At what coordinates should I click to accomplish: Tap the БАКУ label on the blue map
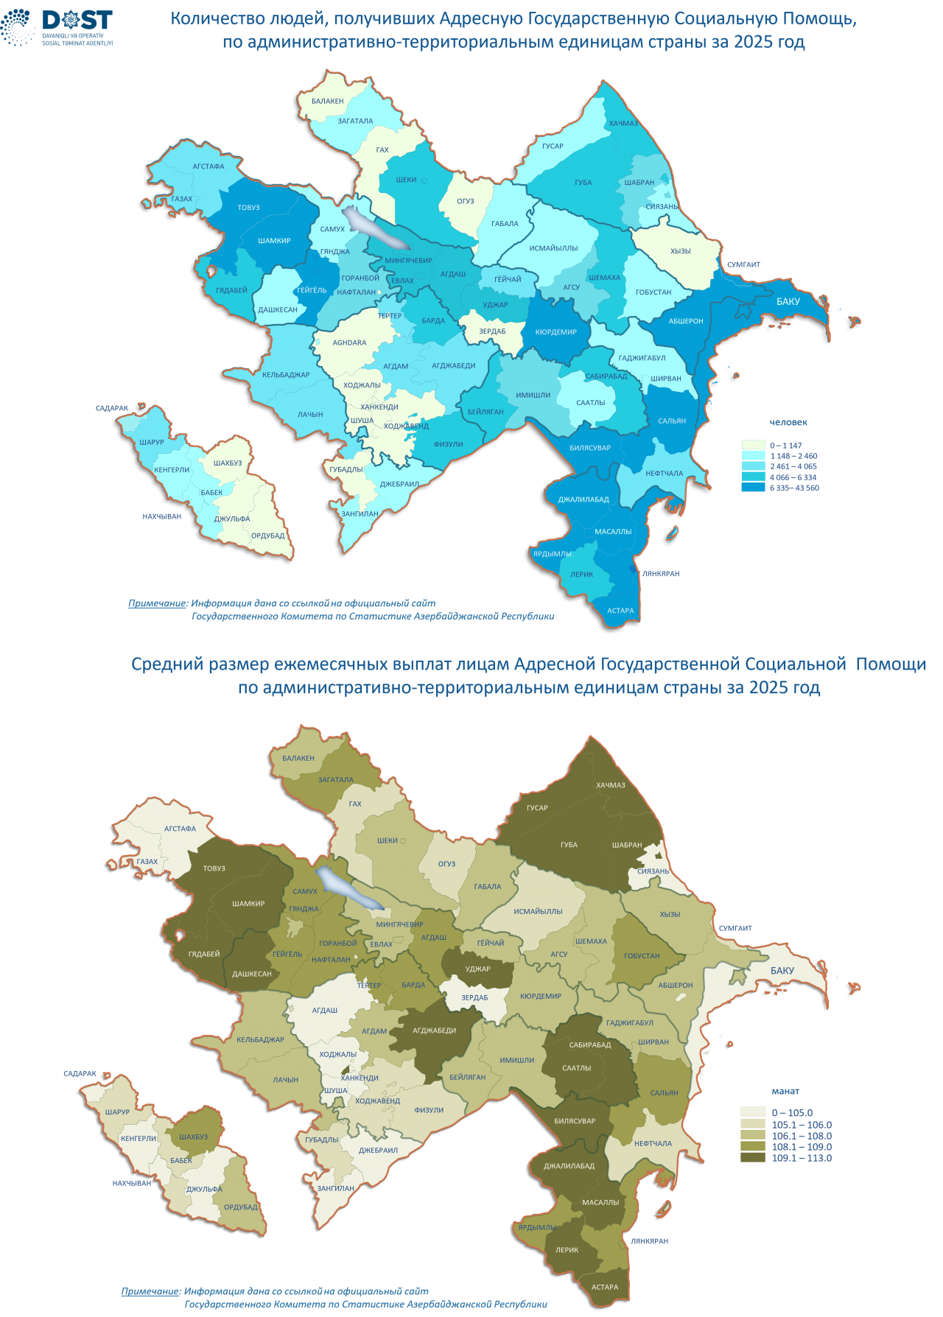coord(788,301)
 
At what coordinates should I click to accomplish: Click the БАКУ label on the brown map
coord(782,971)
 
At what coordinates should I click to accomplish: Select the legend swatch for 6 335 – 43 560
coord(753,488)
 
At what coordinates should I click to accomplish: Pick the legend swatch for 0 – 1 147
coord(753,446)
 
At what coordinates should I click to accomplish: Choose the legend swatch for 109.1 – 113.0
coord(753,1158)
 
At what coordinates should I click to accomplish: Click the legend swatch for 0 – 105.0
coord(753,1113)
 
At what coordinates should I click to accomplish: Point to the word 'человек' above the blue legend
coord(788,422)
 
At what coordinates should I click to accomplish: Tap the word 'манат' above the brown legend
coord(785,1091)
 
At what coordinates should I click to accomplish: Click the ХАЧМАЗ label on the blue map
coord(623,123)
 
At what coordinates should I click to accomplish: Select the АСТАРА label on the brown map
coord(605,1287)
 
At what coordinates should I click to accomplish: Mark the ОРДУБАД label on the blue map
coord(267,535)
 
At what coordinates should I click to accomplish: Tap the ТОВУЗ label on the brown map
coord(214,868)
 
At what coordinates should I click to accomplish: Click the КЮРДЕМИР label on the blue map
coord(555,332)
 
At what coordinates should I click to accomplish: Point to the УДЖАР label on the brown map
coord(477,969)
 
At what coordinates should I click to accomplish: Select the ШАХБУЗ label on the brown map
coord(193,1137)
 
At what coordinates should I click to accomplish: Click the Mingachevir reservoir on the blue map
coord(376,228)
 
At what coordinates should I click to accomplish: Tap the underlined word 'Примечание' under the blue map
coord(157,603)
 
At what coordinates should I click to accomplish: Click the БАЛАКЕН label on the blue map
coord(327,101)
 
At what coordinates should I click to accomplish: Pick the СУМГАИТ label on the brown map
coord(735,928)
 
